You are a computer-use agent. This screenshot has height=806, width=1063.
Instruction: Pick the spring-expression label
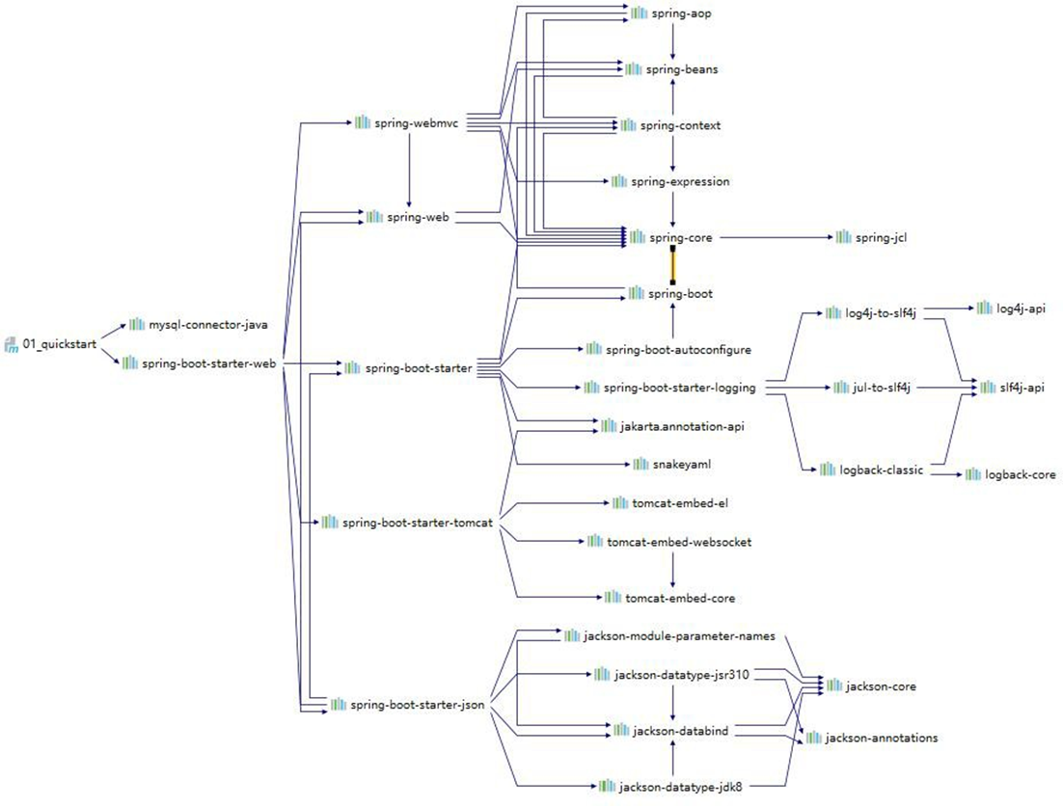pos(680,181)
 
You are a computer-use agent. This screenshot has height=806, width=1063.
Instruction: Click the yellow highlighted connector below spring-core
pos(672,264)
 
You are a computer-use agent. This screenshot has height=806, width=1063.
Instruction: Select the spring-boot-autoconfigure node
pos(677,349)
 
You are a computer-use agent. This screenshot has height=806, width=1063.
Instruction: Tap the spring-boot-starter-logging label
pos(679,388)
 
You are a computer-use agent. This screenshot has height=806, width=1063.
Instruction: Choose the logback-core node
pos(1020,475)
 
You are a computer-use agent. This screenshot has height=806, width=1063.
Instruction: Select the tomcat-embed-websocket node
pos(678,542)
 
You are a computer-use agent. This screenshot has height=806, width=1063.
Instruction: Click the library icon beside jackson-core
pos(833,686)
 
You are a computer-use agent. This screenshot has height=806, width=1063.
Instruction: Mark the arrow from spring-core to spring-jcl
pos(772,237)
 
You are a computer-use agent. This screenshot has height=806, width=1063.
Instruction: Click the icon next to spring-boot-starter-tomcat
pos(330,523)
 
